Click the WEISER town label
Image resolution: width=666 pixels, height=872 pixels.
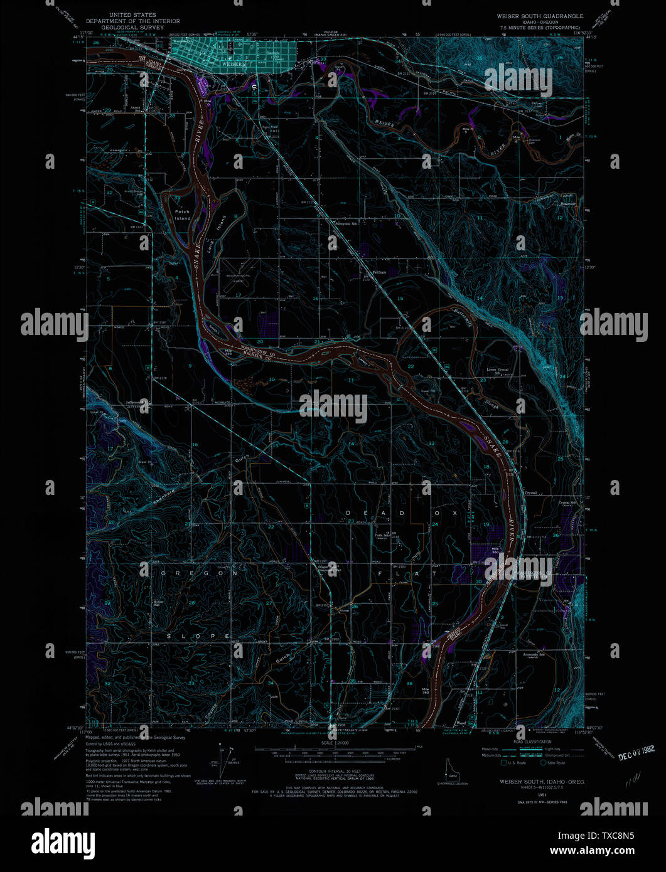(234, 64)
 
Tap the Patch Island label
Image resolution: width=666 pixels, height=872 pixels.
(182, 215)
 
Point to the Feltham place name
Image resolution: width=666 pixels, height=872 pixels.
(379, 272)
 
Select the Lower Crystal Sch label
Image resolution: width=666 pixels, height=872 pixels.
(496, 371)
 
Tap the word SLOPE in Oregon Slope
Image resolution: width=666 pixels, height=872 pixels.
(199, 635)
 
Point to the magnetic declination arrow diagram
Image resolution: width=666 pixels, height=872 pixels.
(222, 760)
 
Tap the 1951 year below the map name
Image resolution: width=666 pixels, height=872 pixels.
(533, 795)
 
